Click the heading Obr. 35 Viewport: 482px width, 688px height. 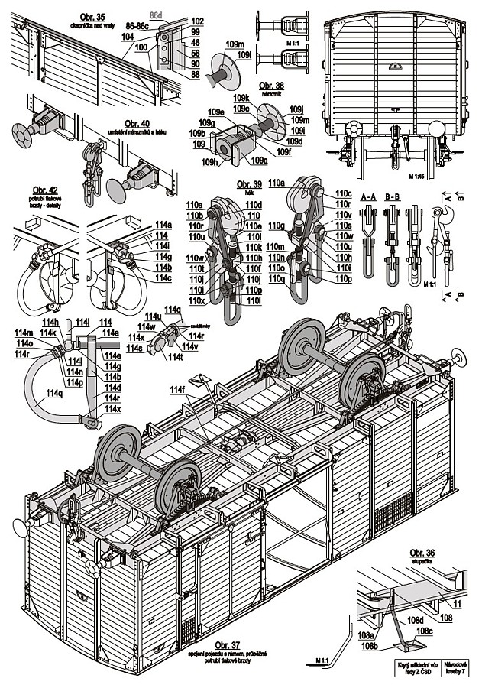(x=92, y=15)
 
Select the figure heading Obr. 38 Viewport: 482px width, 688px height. (x=272, y=85)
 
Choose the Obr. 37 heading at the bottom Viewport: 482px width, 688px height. (x=230, y=645)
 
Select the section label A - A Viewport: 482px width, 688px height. (x=368, y=196)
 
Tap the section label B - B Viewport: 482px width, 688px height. (x=393, y=196)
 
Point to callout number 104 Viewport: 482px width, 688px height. (x=127, y=36)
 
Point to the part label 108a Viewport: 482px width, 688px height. (x=366, y=634)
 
